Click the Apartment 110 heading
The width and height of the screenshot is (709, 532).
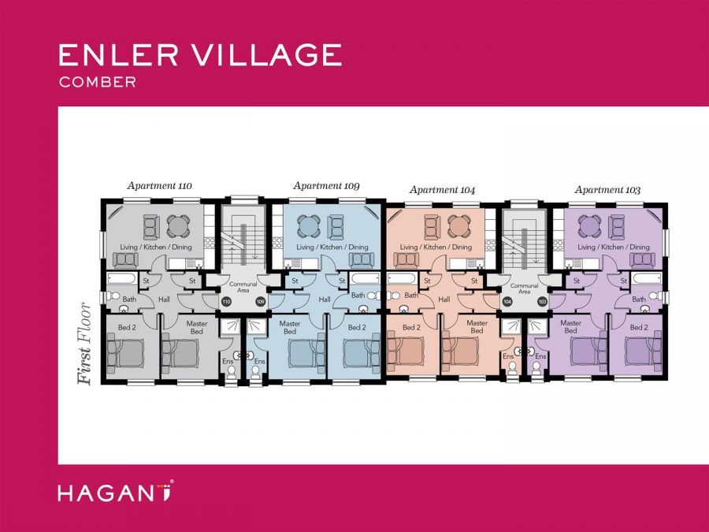click(x=159, y=186)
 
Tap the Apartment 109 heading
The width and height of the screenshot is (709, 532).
click(x=326, y=186)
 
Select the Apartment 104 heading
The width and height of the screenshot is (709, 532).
click(x=442, y=190)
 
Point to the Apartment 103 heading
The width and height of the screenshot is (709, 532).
click(x=607, y=190)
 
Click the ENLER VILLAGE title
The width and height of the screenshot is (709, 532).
click(x=200, y=55)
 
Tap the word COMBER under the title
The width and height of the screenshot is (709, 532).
click(x=98, y=82)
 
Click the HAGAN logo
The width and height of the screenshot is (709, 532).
click(x=115, y=493)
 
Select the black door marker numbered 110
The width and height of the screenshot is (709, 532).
click(x=226, y=302)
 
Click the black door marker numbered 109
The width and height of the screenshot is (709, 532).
click(x=260, y=302)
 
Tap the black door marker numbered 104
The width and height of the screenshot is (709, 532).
click(x=507, y=302)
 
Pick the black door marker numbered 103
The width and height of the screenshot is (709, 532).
click(x=542, y=302)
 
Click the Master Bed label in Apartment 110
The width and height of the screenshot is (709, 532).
click(x=196, y=327)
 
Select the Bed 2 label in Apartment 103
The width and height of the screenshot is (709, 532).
click(x=639, y=327)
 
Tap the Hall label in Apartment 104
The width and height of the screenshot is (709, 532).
click(x=444, y=299)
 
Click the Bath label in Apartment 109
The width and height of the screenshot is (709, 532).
click(x=358, y=296)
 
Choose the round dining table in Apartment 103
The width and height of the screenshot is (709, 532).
click(x=588, y=226)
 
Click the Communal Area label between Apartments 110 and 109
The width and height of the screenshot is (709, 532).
click(x=243, y=287)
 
